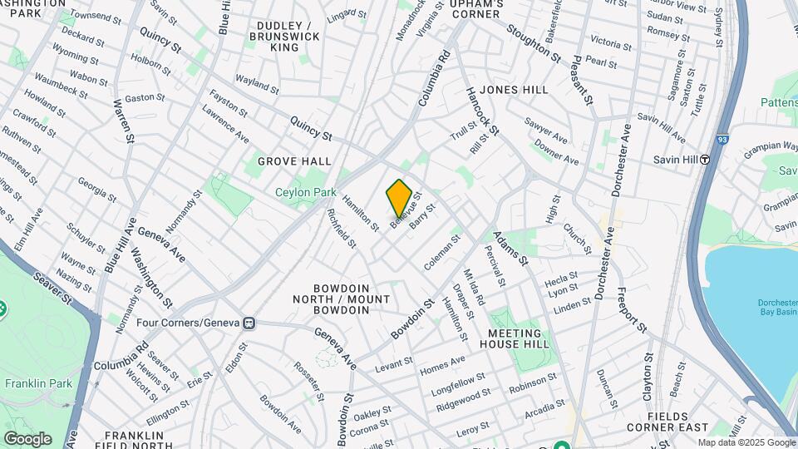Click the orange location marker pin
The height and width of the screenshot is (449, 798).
tap(399, 197)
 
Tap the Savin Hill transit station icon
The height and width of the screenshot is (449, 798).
tap(705, 160)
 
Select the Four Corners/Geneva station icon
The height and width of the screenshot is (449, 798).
tap(248, 323)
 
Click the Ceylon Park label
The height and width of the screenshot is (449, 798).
tap(305, 192)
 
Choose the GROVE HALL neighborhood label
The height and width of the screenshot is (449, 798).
tap(294, 161)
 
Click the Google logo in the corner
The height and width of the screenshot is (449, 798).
tap(27, 438)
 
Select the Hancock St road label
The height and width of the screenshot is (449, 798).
tap(482, 111)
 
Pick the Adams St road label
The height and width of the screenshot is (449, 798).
tap(511, 249)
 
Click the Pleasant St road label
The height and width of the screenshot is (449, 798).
tap(583, 80)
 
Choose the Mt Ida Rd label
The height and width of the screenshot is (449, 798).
tap(474, 288)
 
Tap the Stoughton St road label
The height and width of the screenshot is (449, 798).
tap(533, 40)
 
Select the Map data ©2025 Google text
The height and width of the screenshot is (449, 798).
tap(746, 442)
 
